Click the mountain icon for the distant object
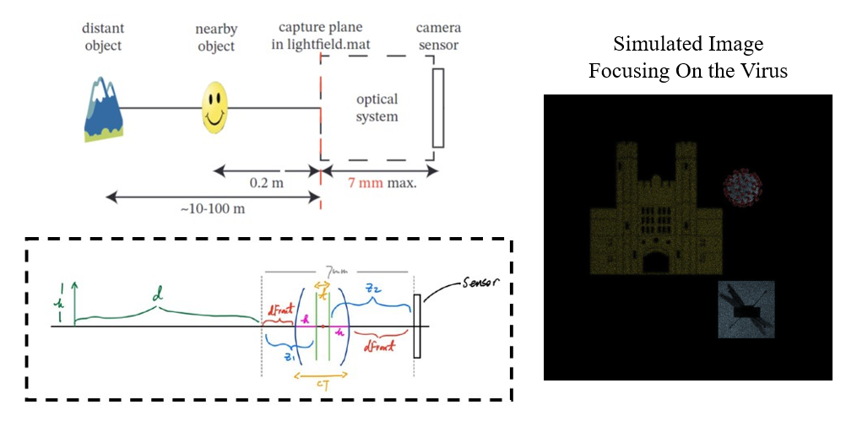[105, 108]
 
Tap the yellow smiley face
[215, 107]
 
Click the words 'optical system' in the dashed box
[377, 109]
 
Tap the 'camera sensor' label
[438, 36]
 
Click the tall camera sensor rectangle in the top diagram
[437, 108]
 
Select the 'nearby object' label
[216, 36]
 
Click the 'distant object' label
[104, 36]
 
